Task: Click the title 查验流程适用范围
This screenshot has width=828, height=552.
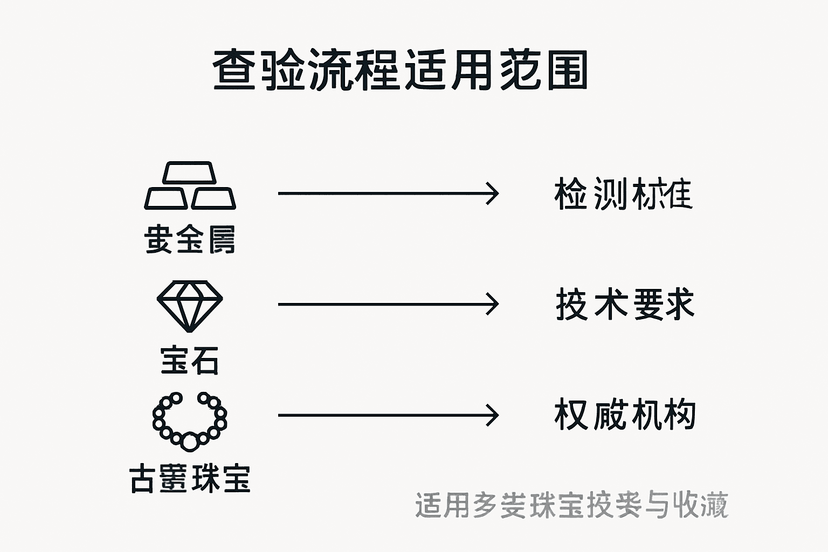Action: point(400,70)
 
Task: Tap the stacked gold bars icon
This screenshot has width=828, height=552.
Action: point(190,186)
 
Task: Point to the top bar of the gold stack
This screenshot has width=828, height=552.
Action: point(190,172)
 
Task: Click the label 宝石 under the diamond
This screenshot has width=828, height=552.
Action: point(190,360)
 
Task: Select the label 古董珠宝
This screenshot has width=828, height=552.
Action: point(190,478)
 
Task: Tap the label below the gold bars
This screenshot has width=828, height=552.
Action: point(190,239)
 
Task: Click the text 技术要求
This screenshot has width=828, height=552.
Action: point(624,305)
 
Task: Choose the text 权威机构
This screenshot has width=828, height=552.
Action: point(624,415)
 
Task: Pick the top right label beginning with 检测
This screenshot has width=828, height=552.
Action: point(623,194)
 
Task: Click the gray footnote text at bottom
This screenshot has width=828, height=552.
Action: point(571,505)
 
